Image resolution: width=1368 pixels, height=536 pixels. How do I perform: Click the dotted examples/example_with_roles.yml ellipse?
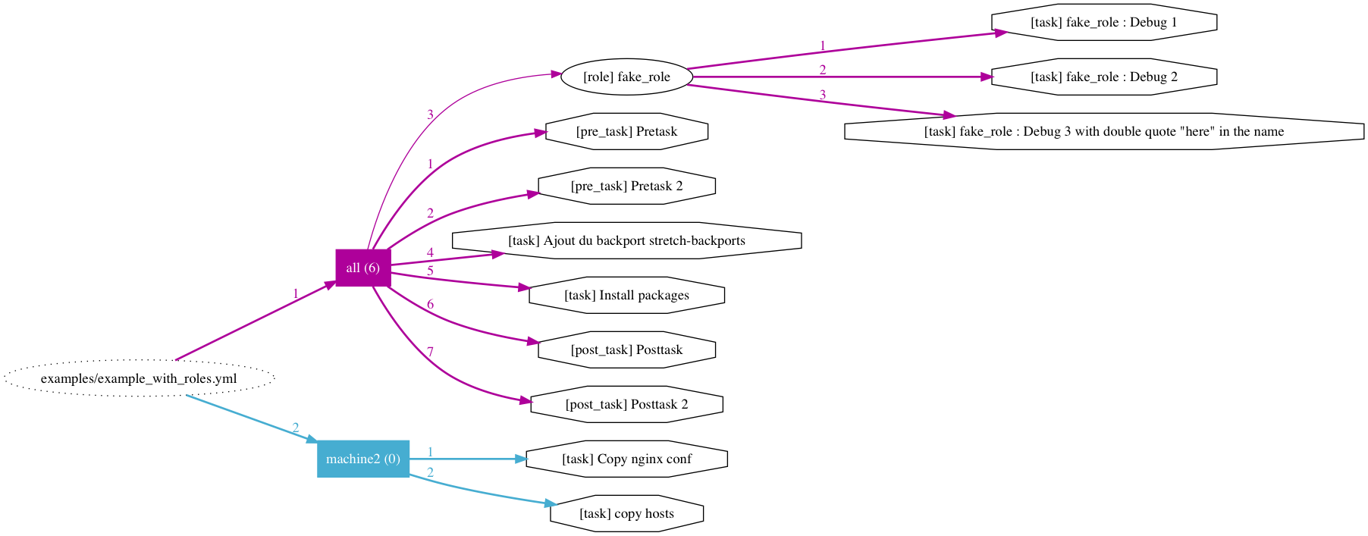coord(139,378)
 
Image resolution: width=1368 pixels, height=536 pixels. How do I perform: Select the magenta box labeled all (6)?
coord(363,268)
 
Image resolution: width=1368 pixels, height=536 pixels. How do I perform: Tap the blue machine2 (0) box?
coord(363,459)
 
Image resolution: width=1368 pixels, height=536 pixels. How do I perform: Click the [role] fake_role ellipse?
coord(626,77)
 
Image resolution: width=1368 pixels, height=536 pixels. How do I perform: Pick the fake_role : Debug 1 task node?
coord(1103,22)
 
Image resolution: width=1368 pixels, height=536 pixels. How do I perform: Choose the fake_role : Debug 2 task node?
coord(1103,77)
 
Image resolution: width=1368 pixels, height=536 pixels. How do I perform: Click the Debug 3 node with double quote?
coord(1103,131)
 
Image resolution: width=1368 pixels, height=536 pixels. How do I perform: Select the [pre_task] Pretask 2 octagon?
coord(626,186)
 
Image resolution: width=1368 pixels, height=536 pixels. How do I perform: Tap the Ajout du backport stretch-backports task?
coord(626,240)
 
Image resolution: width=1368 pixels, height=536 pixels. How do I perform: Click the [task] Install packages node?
coord(626,295)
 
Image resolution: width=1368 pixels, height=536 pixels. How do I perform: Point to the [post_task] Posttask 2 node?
coord(626,404)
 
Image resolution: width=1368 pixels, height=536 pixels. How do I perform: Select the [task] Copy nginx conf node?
coord(626,459)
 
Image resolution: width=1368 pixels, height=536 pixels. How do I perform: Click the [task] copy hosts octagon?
coord(626,513)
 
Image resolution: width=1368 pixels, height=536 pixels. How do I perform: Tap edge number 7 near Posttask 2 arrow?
coord(430,352)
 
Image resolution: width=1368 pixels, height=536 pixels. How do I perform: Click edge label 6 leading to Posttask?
coord(430,304)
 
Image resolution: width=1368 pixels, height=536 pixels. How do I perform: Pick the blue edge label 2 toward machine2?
coord(295,428)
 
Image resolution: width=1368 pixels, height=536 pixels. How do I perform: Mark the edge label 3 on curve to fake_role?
coord(430,114)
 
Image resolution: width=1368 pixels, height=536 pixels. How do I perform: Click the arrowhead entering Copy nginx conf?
coord(520,459)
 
